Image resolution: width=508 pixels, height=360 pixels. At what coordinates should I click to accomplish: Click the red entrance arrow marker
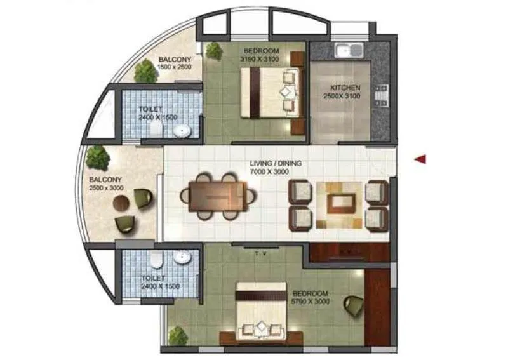(420, 159)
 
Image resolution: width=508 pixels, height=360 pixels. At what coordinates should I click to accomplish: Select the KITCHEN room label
(345, 88)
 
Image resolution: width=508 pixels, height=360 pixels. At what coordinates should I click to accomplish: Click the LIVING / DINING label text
(275, 163)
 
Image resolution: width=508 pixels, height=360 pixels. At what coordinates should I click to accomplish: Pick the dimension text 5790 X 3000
(310, 303)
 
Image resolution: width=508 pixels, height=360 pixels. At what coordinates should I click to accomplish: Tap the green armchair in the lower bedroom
(353, 305)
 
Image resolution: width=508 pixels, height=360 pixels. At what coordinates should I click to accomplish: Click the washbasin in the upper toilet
(182, 131)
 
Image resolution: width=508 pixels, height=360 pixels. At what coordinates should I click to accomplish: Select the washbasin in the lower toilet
(182, 257)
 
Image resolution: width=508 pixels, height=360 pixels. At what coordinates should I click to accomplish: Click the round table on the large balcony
(121, 203)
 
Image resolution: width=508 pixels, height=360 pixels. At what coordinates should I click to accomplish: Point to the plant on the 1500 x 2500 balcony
(145, 71)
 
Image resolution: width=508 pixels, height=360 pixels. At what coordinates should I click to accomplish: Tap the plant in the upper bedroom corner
(214, 51)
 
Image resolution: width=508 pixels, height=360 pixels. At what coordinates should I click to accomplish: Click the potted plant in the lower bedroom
(178, 336)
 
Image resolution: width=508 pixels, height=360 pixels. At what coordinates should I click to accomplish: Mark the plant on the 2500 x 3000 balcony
(97, 156)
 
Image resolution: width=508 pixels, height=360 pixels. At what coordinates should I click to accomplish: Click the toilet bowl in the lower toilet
(155, 260)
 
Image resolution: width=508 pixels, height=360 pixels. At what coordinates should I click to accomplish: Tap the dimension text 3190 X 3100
(259, 58)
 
